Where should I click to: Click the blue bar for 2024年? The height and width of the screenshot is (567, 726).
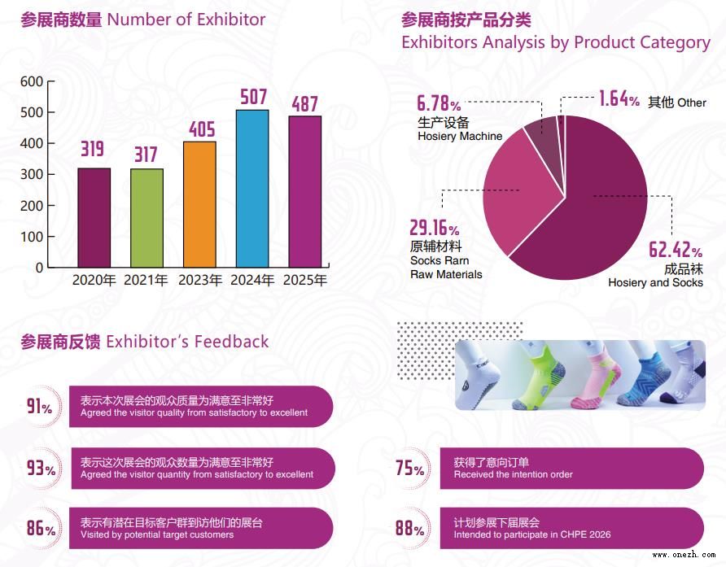pyautogui.click(x=252, y=188)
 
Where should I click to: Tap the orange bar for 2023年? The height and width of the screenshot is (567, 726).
pyautogui.click(x=199, y=204)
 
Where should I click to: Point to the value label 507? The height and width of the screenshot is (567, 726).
pyautogui.click(x=253, y=98)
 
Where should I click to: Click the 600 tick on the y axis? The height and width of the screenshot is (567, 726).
pyautogui.click(x=32, y=81)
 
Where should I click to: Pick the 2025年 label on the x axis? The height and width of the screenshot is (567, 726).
pyautogui.click(x=305, y=281)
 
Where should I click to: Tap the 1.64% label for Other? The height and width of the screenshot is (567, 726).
pyautogui.click(x=619, y=100)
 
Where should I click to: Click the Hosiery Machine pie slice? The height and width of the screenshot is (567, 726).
pyautogui.click(x=540, y=135)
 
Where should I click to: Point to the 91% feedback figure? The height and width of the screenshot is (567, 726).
pyautogui.click(x=39, y=406)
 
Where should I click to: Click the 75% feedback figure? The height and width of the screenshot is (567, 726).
pyautogui.click(x=409, y=469)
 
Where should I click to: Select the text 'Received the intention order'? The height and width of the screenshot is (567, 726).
pyautogui.click(x=513, y=474)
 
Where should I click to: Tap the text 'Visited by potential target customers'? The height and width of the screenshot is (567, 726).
pyautogui.click(x=157, y=534)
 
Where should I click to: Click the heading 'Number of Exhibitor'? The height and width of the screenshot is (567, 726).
pyautogui.click(x=186, y=19)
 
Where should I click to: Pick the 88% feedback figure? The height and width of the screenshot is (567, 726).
pyautogui.click(x=409, y=528)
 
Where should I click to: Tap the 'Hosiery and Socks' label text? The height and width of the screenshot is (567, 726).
pyautogui.click(x=655, y=282)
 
